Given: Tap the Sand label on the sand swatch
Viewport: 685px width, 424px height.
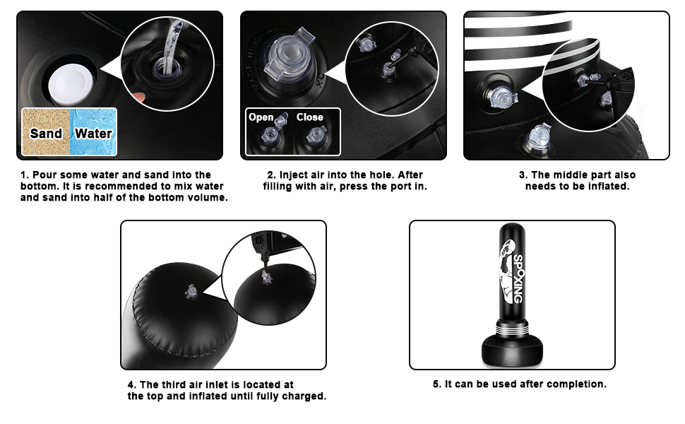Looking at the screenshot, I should [46, 133].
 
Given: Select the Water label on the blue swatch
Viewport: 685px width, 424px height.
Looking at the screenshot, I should [93, 133].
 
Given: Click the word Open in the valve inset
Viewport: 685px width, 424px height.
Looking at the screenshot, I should [261, 117].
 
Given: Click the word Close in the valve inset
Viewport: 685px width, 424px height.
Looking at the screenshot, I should [309, 117].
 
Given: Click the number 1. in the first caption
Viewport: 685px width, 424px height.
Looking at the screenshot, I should [24, 175].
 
